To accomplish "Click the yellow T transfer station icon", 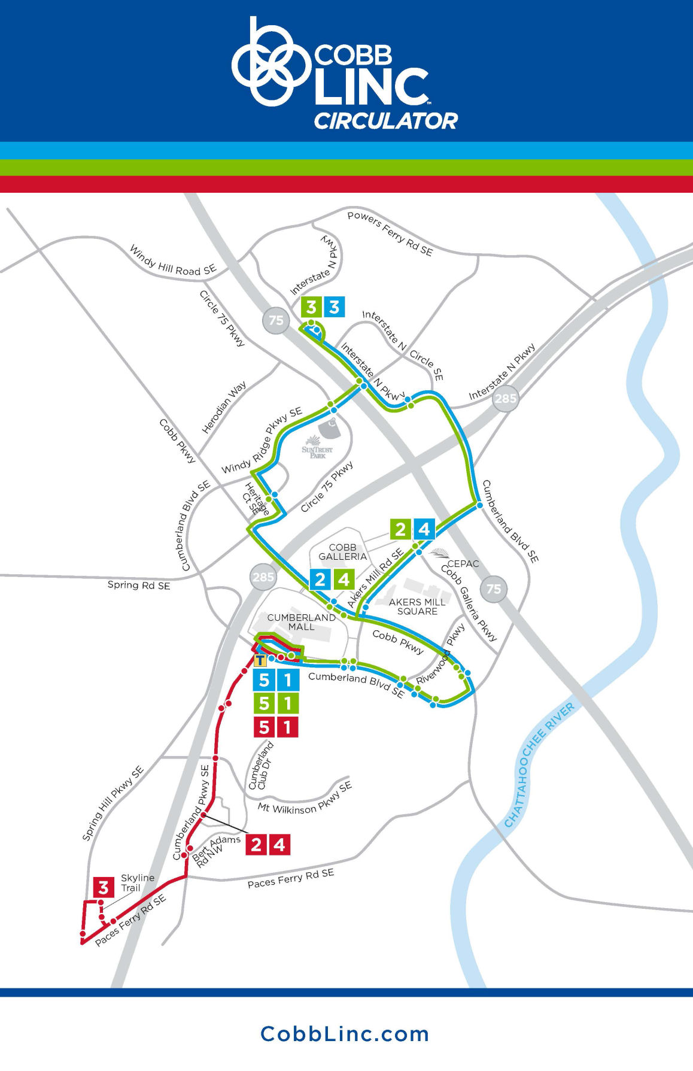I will point(260,661).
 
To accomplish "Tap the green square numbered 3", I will point(311,308).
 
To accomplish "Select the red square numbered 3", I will point(104,887).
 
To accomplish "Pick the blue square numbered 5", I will point(264,680).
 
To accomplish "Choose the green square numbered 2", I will point(400,529).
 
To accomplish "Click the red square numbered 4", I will point(279,845).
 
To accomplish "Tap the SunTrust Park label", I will point(317,452).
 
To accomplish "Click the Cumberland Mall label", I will point(301,622).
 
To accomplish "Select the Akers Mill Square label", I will point(417,606).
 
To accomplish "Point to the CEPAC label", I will point(463,563).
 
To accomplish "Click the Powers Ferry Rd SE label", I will point(390,233).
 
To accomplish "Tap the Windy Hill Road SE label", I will point(172,261).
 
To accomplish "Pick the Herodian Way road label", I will point(224,408).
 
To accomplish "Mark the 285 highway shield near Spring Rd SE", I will point(263,577).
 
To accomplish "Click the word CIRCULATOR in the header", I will point(385,121).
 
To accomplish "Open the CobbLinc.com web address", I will point(345,1034).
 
